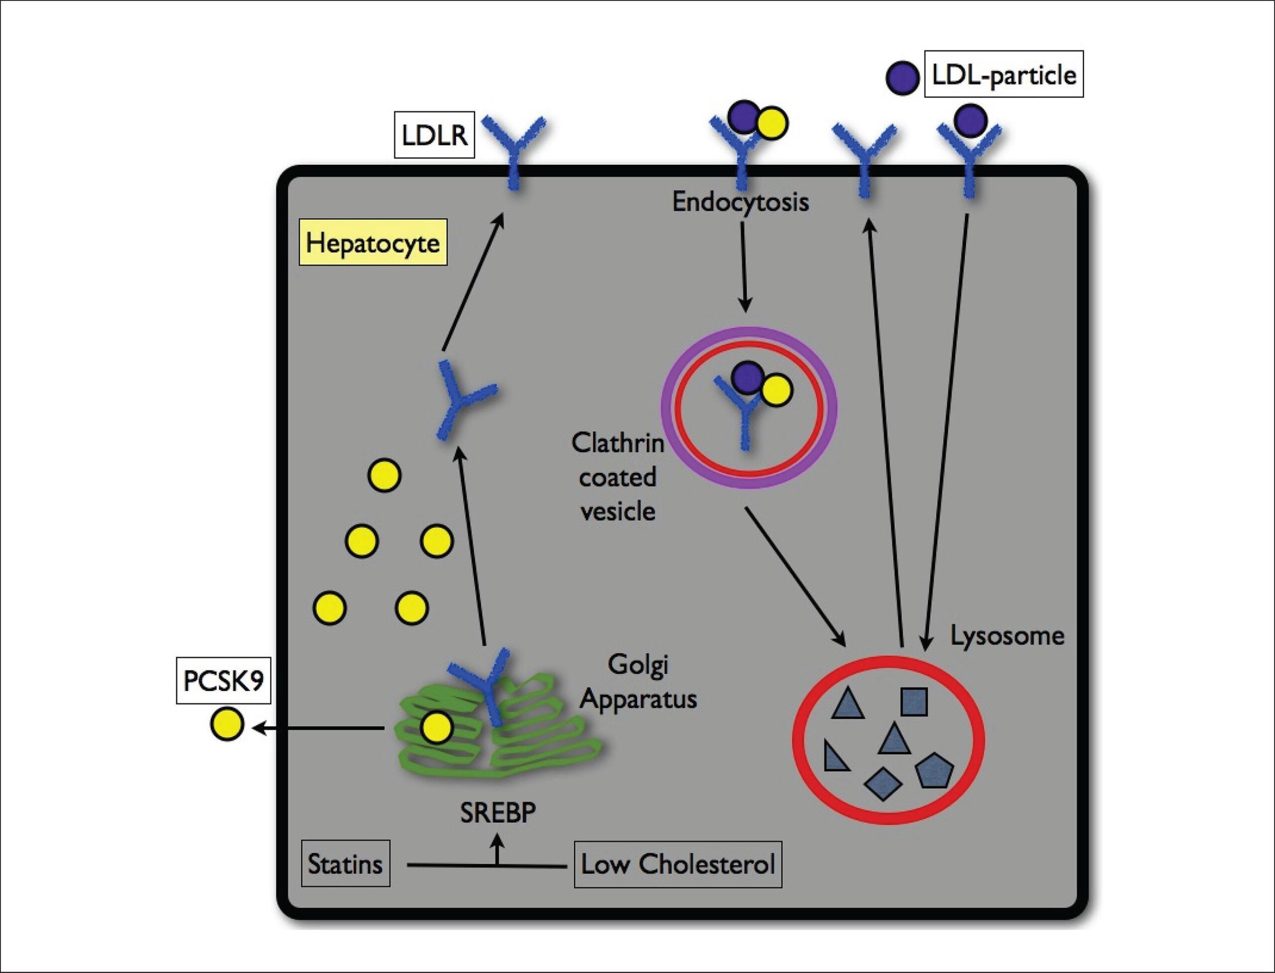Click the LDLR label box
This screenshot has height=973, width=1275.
click(434, 135)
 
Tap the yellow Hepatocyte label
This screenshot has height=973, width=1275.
click(373, 242)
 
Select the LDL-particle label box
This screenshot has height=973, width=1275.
click(1004, 74)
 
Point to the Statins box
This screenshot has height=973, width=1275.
click(345, 864)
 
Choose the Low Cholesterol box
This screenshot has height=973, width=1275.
click(678, 864)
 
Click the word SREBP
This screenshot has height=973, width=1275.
click(498, 813)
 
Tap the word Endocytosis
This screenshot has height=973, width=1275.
click(740, 202)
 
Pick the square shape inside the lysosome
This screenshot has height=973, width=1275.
click(914, 702)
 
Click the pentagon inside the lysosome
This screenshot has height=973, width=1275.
click(933, 770)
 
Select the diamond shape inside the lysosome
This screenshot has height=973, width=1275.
click(882, 785)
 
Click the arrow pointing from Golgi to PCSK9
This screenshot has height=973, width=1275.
click(319, 728)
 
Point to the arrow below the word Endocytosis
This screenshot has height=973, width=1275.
click(745, 266)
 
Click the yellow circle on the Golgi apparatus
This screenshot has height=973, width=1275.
click(436, 728)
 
